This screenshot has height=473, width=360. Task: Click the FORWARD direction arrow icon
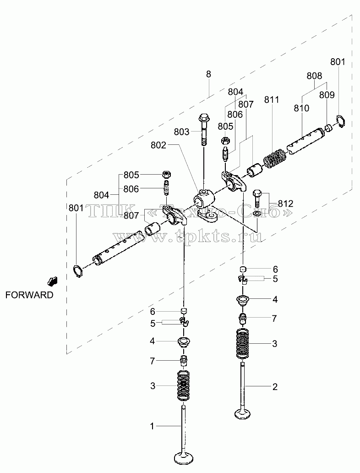52,281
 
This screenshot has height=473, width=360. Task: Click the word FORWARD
29,295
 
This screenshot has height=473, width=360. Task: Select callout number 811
272,99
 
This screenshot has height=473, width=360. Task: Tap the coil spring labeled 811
274,158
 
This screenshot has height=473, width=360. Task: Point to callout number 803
181,132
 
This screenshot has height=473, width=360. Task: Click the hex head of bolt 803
204,118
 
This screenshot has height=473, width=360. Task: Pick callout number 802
158,145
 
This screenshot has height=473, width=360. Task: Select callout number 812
285,203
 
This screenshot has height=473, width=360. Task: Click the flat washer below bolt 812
257,214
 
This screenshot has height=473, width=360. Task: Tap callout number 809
327,95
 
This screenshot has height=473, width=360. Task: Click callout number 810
301,108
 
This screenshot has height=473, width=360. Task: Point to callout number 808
315,76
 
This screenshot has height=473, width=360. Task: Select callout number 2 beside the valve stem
275,387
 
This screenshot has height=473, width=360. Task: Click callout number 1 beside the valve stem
152,426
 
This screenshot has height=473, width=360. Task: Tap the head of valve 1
184,457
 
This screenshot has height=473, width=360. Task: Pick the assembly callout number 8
209,74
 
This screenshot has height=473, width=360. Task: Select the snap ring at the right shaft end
341,121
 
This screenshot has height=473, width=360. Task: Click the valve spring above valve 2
243,344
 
